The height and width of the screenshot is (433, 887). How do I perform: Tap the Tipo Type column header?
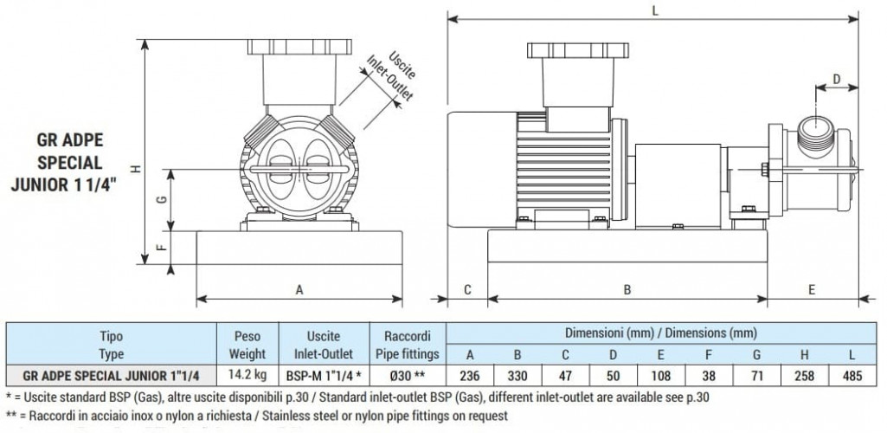click(x=112, y=345)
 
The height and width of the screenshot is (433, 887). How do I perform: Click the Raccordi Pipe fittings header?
click(x=407, y=345)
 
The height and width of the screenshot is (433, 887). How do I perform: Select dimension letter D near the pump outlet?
click(x=836, y=79)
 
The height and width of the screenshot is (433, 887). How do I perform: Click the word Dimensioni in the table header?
click(x=599, y=333)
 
